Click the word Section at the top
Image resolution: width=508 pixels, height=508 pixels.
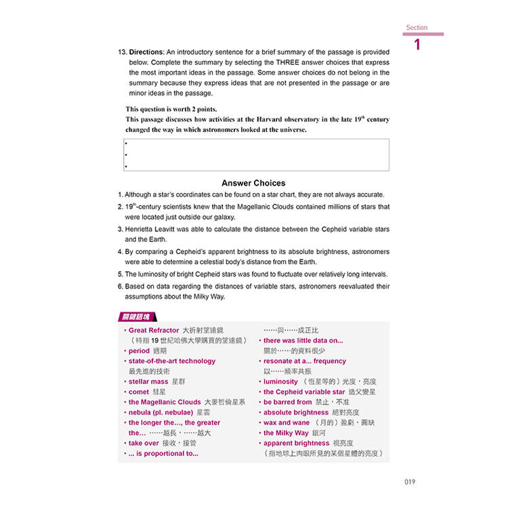pos(417,28)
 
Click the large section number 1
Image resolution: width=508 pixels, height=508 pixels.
pos(417,45)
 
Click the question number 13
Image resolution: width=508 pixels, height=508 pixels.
pos(122,52)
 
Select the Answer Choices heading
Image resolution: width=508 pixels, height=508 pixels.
pos(253,183)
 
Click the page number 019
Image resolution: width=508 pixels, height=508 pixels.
pos(408,482)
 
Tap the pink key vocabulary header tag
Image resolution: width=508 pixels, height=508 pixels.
pos(137,317)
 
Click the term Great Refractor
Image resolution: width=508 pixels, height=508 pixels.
pos(154,330)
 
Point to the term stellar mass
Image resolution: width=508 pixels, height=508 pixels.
pos(148,381)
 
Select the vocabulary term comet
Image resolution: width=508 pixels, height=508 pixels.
pos(138,391)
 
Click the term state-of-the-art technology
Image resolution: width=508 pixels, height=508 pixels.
pos(172,361)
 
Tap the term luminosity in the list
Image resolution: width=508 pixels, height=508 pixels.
pos(280,381)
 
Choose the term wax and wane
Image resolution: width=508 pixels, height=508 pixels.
pos(287,423)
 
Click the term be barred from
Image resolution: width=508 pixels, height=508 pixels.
pos(287,402)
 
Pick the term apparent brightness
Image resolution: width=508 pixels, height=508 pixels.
pos(296,443)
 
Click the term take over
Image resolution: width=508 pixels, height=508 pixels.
pos(144,443)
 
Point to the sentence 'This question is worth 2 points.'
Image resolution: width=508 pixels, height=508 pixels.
pos(171,109)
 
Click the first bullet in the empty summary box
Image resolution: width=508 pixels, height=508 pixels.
pos(126,144)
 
